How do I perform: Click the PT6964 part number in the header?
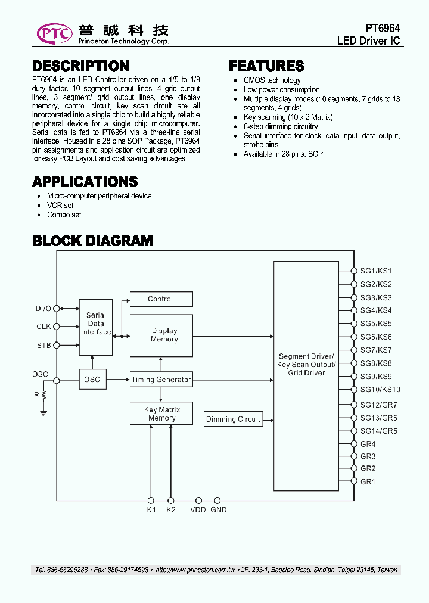pos(383,29)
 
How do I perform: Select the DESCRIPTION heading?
pos(80,66)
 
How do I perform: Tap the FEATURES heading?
pos(266,66)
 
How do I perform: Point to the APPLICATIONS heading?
pos(85,182)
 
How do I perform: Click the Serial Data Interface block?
pos(96,324)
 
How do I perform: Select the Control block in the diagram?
pos(161,299)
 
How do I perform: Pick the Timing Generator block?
pos(161,380)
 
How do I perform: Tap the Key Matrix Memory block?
pos(161,414)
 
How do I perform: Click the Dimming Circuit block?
pos(233,419)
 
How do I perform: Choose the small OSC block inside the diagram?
pos(92,380)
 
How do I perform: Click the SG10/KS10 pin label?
pos(380,390)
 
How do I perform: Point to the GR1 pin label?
pos(368,481)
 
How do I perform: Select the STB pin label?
pos(43,346)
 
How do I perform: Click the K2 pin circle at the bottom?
pos(171,501)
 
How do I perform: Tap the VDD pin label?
pos(198,510)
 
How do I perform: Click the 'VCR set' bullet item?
pos(60,206)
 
